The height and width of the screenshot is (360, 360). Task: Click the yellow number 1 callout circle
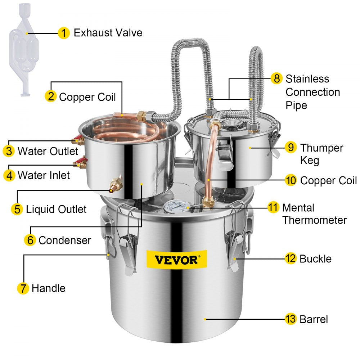(64, 33)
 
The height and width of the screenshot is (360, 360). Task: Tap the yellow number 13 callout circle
(291, 319)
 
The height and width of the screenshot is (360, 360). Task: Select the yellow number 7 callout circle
(23, 288)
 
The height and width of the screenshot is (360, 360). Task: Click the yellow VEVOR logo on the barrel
(176, 259)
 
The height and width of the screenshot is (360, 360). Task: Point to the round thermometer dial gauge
(176, 207)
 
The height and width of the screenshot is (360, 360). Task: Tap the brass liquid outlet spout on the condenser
(116, 184)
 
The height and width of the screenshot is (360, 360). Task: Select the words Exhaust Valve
(108, 33)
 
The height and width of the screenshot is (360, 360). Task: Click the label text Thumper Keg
(321, 154)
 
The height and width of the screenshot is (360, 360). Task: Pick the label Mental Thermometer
(314, 214)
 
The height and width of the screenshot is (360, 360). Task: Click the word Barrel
(314, 319)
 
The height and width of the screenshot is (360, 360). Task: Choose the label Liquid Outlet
(56, 210)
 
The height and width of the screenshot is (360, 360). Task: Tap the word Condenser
(65, 240)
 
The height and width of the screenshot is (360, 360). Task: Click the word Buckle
(315, 258)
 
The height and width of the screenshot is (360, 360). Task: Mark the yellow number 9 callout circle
(291, 147)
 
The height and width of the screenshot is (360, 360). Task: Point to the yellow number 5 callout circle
(17, 209)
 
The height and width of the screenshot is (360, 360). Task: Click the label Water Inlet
(44, 175)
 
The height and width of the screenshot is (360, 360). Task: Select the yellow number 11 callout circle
(273, 207)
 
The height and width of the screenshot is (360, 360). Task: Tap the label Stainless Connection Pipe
(312, 92)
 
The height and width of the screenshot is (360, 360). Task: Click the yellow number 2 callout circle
(51, 96)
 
